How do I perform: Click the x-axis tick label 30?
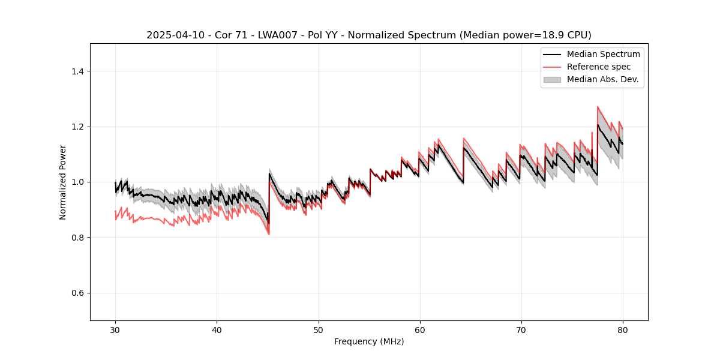pyautogui.click(x=115, y=329)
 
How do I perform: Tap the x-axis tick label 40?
pyautogui.click(x=217, y=329)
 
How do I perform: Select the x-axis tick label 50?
pyautogui.click(x=318, y=329)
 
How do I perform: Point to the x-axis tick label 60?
pyautogui.click(x=419, y=329)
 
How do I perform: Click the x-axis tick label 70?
pyautogui.click(x=521, y=329)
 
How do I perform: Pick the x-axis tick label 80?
pyautogui.click(x=622, y=329)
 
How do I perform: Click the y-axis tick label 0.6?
pyautogui.click(x=77, y=293)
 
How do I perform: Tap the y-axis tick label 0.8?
pyautogui.click(x=77, y=238)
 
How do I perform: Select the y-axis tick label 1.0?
pyautogui.click(x=77, y=182)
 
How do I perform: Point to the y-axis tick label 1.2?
pyautogui.click(x=77, y=127)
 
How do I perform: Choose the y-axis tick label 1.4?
pyautogui.click(x=77, y=71)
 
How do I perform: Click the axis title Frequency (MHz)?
pyautogui.click(x=369, y=341)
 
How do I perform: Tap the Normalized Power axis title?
pyautogui.click(x=63, y=182)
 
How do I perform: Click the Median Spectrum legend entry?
pyautogui.click(x=603, y=54)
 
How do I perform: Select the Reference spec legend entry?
pyautogui.click(x=598, y=67)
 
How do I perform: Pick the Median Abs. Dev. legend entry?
pyautogui.click(x=602, y=79)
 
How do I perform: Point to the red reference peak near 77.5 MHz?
pyautogui.click(x=598, y=107)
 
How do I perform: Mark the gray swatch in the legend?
pyautogui.click(x=552, y=79)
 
